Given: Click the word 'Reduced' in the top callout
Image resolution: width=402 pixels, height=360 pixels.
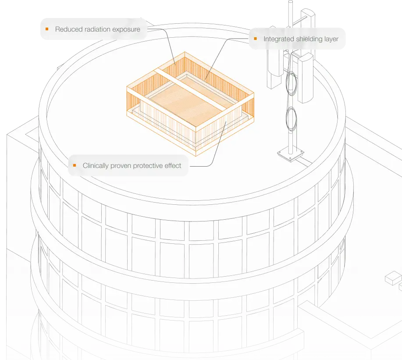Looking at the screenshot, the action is (x=65, y=29).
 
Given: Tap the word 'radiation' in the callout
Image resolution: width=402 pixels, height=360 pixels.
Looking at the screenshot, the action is (x=90, y=29).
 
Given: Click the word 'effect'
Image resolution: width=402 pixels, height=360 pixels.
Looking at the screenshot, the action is (x=173, y=166).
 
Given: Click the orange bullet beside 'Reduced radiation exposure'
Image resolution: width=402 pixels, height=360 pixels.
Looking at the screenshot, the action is (x=47, y=29).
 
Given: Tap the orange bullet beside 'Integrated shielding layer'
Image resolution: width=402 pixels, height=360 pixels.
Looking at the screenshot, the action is (x=255, y=39).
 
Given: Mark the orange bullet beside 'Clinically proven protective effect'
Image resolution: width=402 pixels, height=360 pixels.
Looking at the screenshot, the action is (x=75, y=165).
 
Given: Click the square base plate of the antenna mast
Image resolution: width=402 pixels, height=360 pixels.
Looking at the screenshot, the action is (x=291, y=155).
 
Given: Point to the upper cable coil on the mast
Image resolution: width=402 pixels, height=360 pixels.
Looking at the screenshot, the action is (x=292, y=84).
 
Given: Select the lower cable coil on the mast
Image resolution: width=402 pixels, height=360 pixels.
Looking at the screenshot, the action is (x=292, y=119).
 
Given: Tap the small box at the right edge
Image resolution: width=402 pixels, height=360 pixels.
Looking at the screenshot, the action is (x=393, y=278).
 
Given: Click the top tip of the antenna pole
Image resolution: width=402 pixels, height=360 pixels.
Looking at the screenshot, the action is (x=291, y=1).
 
